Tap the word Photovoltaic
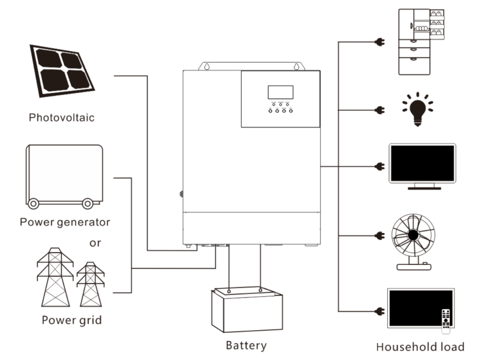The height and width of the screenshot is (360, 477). click(61, 117)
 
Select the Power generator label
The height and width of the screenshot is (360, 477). click(65, 222)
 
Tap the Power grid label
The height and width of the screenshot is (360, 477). click(72, 320)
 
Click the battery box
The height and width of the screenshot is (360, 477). click(246, 310)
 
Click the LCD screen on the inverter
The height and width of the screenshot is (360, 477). click(280, 92)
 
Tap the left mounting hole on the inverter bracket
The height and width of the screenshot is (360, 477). click(205, 66)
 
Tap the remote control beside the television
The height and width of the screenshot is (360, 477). click(446, 321)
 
